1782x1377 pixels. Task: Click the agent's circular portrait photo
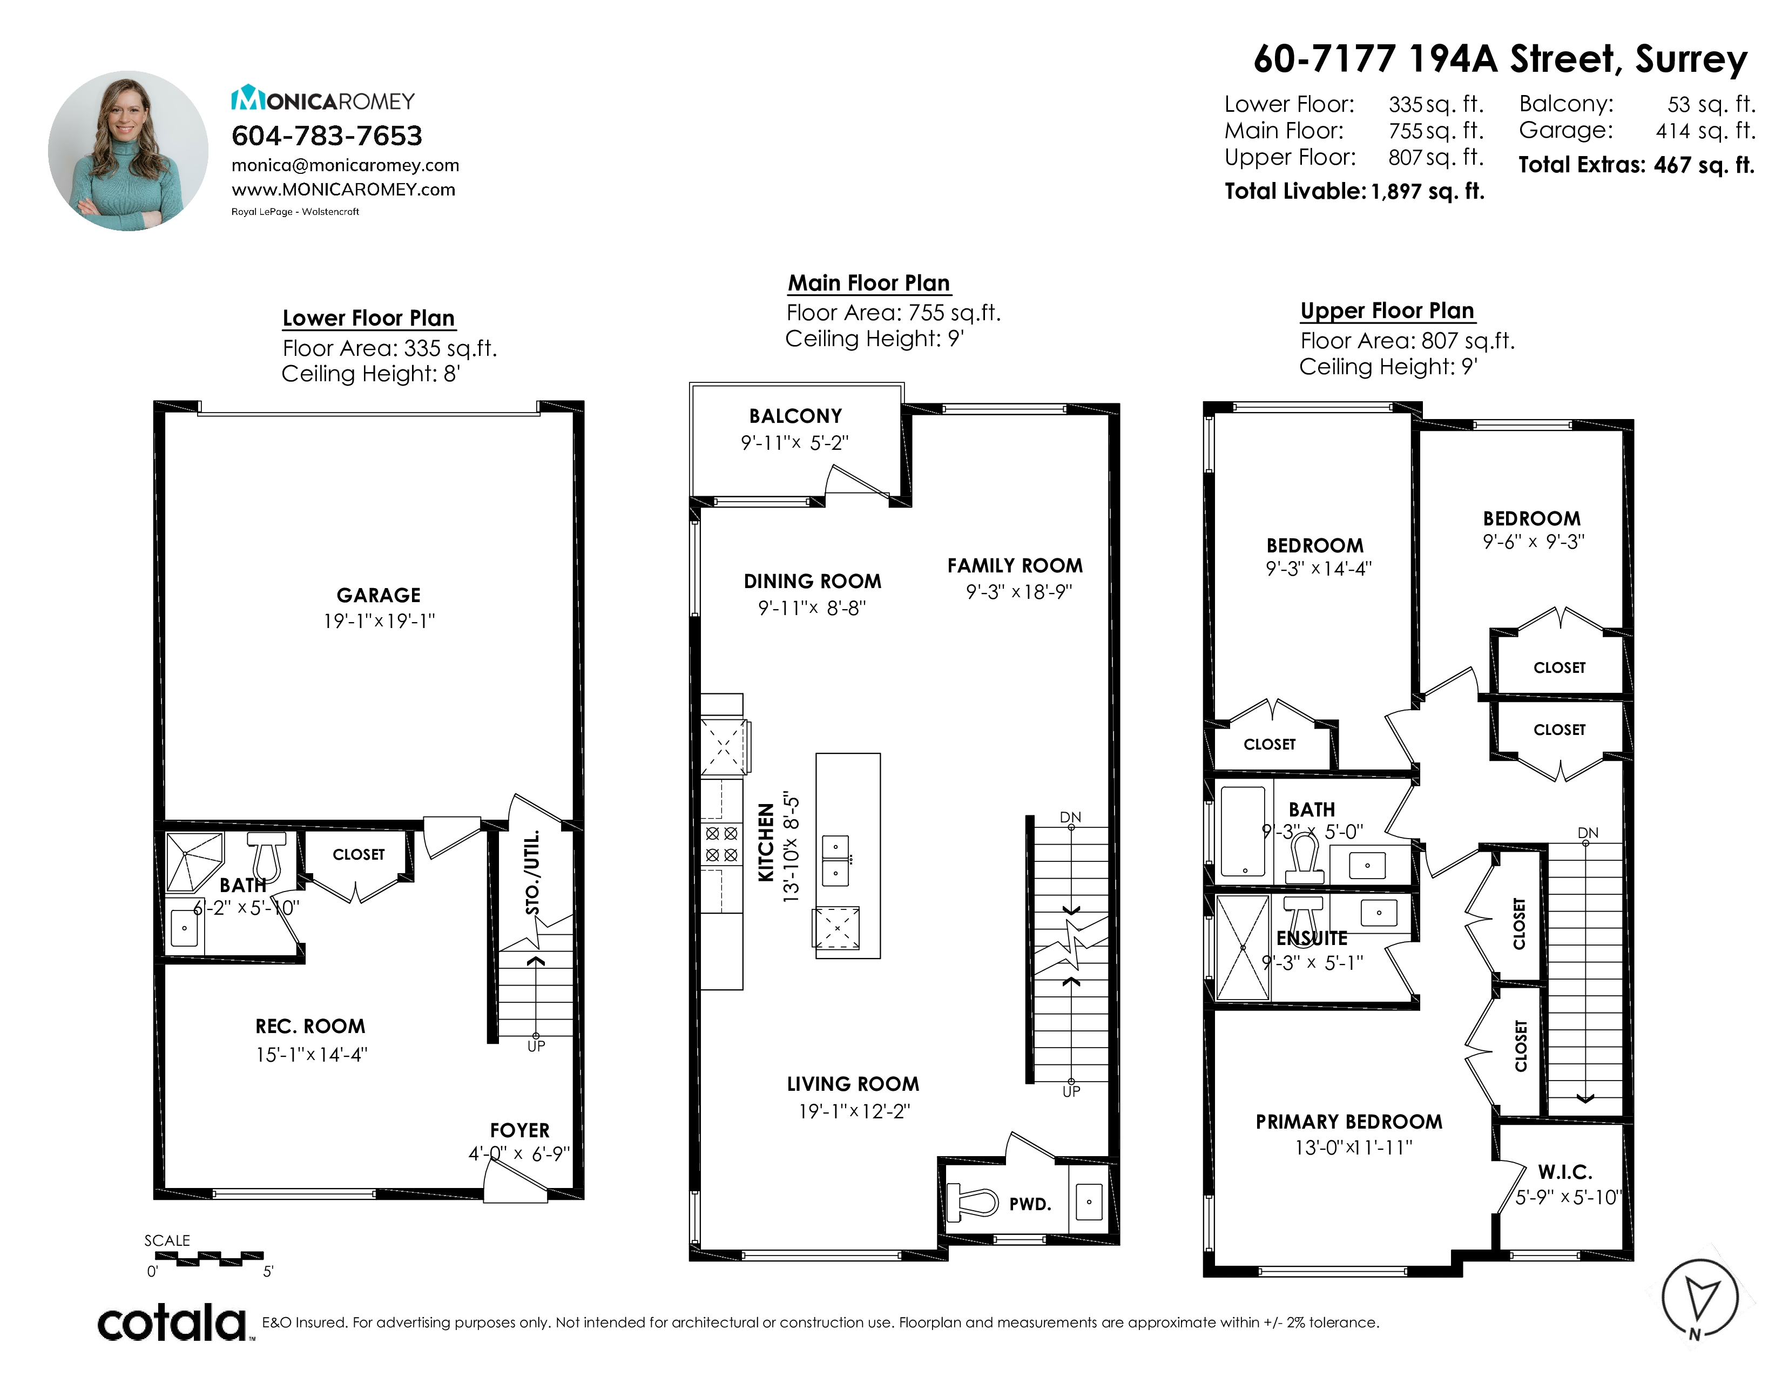coord(128,151)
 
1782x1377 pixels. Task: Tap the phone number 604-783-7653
coord(326,136)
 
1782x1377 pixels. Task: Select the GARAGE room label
coord(379,596)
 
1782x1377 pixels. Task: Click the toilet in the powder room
coord(972,1203)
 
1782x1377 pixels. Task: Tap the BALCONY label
coord(795,416)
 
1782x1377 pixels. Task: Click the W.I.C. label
coord(1565,1172)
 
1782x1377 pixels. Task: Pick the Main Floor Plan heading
coord(869,283)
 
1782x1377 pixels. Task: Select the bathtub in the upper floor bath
coord(1243,831)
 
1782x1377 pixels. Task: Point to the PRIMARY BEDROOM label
coord(1349,1122)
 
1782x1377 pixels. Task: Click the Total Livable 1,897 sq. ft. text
coord(1354,191)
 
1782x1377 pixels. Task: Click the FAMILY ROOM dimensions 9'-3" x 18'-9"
coord(1018,592)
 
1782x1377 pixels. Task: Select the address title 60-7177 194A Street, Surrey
coord(1500,59)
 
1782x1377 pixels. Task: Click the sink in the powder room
coord(1089,1201)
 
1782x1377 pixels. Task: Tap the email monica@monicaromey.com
coord(345,166)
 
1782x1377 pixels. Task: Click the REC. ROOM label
coord(310,1026)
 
